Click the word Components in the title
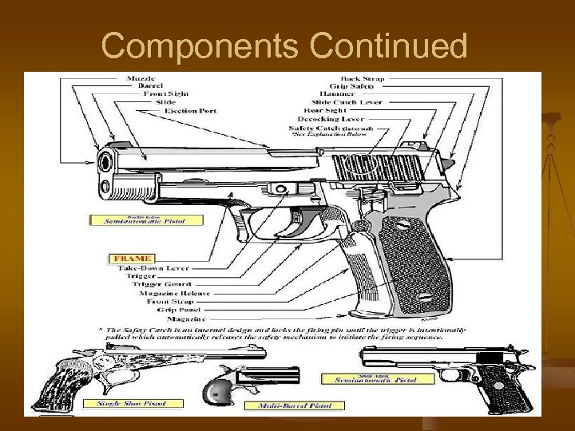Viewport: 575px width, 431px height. (x=201, y=47)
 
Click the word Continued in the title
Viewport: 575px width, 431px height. (x=388, y=47)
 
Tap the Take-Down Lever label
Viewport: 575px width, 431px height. (x=153, y=269)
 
